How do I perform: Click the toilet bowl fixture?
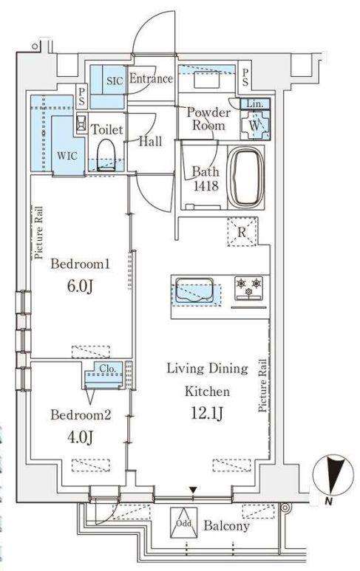[x=106, y=154]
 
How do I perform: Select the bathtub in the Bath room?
[x=248, y=179]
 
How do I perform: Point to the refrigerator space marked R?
[x=242, y=232]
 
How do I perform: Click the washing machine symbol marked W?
[x=255, y=125]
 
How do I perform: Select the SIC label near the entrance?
[x=115, y=81]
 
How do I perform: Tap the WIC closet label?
[x=67, y=156]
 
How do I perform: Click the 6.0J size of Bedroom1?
[x=81, y=286]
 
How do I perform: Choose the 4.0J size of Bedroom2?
[x=81, y=437]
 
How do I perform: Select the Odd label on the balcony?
[x=183, y=523]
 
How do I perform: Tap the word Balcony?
[x=227, y=525]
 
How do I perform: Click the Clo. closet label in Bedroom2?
[x=107, y=369]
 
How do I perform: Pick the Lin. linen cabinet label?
[x=255, y=104]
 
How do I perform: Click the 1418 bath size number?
[x=206, y=185]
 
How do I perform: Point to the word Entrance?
[x=152, y=78]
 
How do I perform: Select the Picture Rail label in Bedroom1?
[x=38, y=233]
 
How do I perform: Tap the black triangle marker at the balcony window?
[x=193, y=490]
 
